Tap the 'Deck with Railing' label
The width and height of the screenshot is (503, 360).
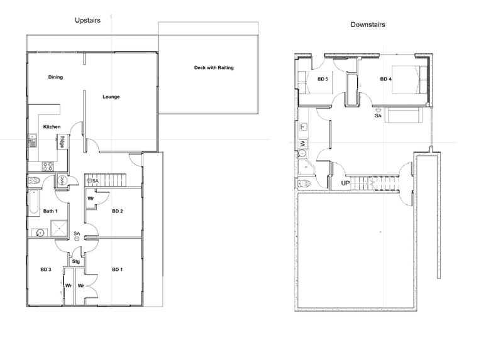click(x=214, y=67)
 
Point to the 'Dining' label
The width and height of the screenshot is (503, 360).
click(x=55, y=77)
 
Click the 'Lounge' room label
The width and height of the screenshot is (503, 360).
click(x=111, y=97)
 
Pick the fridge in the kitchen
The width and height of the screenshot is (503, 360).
click(x=63, y=143)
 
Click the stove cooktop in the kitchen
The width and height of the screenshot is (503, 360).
click(x=46, y=166)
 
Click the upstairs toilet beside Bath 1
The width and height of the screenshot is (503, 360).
click(x=35, y=182)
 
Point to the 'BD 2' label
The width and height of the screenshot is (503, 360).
click(x=117, y=210)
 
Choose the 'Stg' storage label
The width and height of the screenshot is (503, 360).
click(x=76, y=261)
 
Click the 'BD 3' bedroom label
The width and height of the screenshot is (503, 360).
click(x=45, y=270)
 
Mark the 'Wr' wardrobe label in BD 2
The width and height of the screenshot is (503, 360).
click(x=91, y=198)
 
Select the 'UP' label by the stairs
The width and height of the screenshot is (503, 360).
click(x=345, y=183)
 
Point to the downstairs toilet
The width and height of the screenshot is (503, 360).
click(x=304, y=183)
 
